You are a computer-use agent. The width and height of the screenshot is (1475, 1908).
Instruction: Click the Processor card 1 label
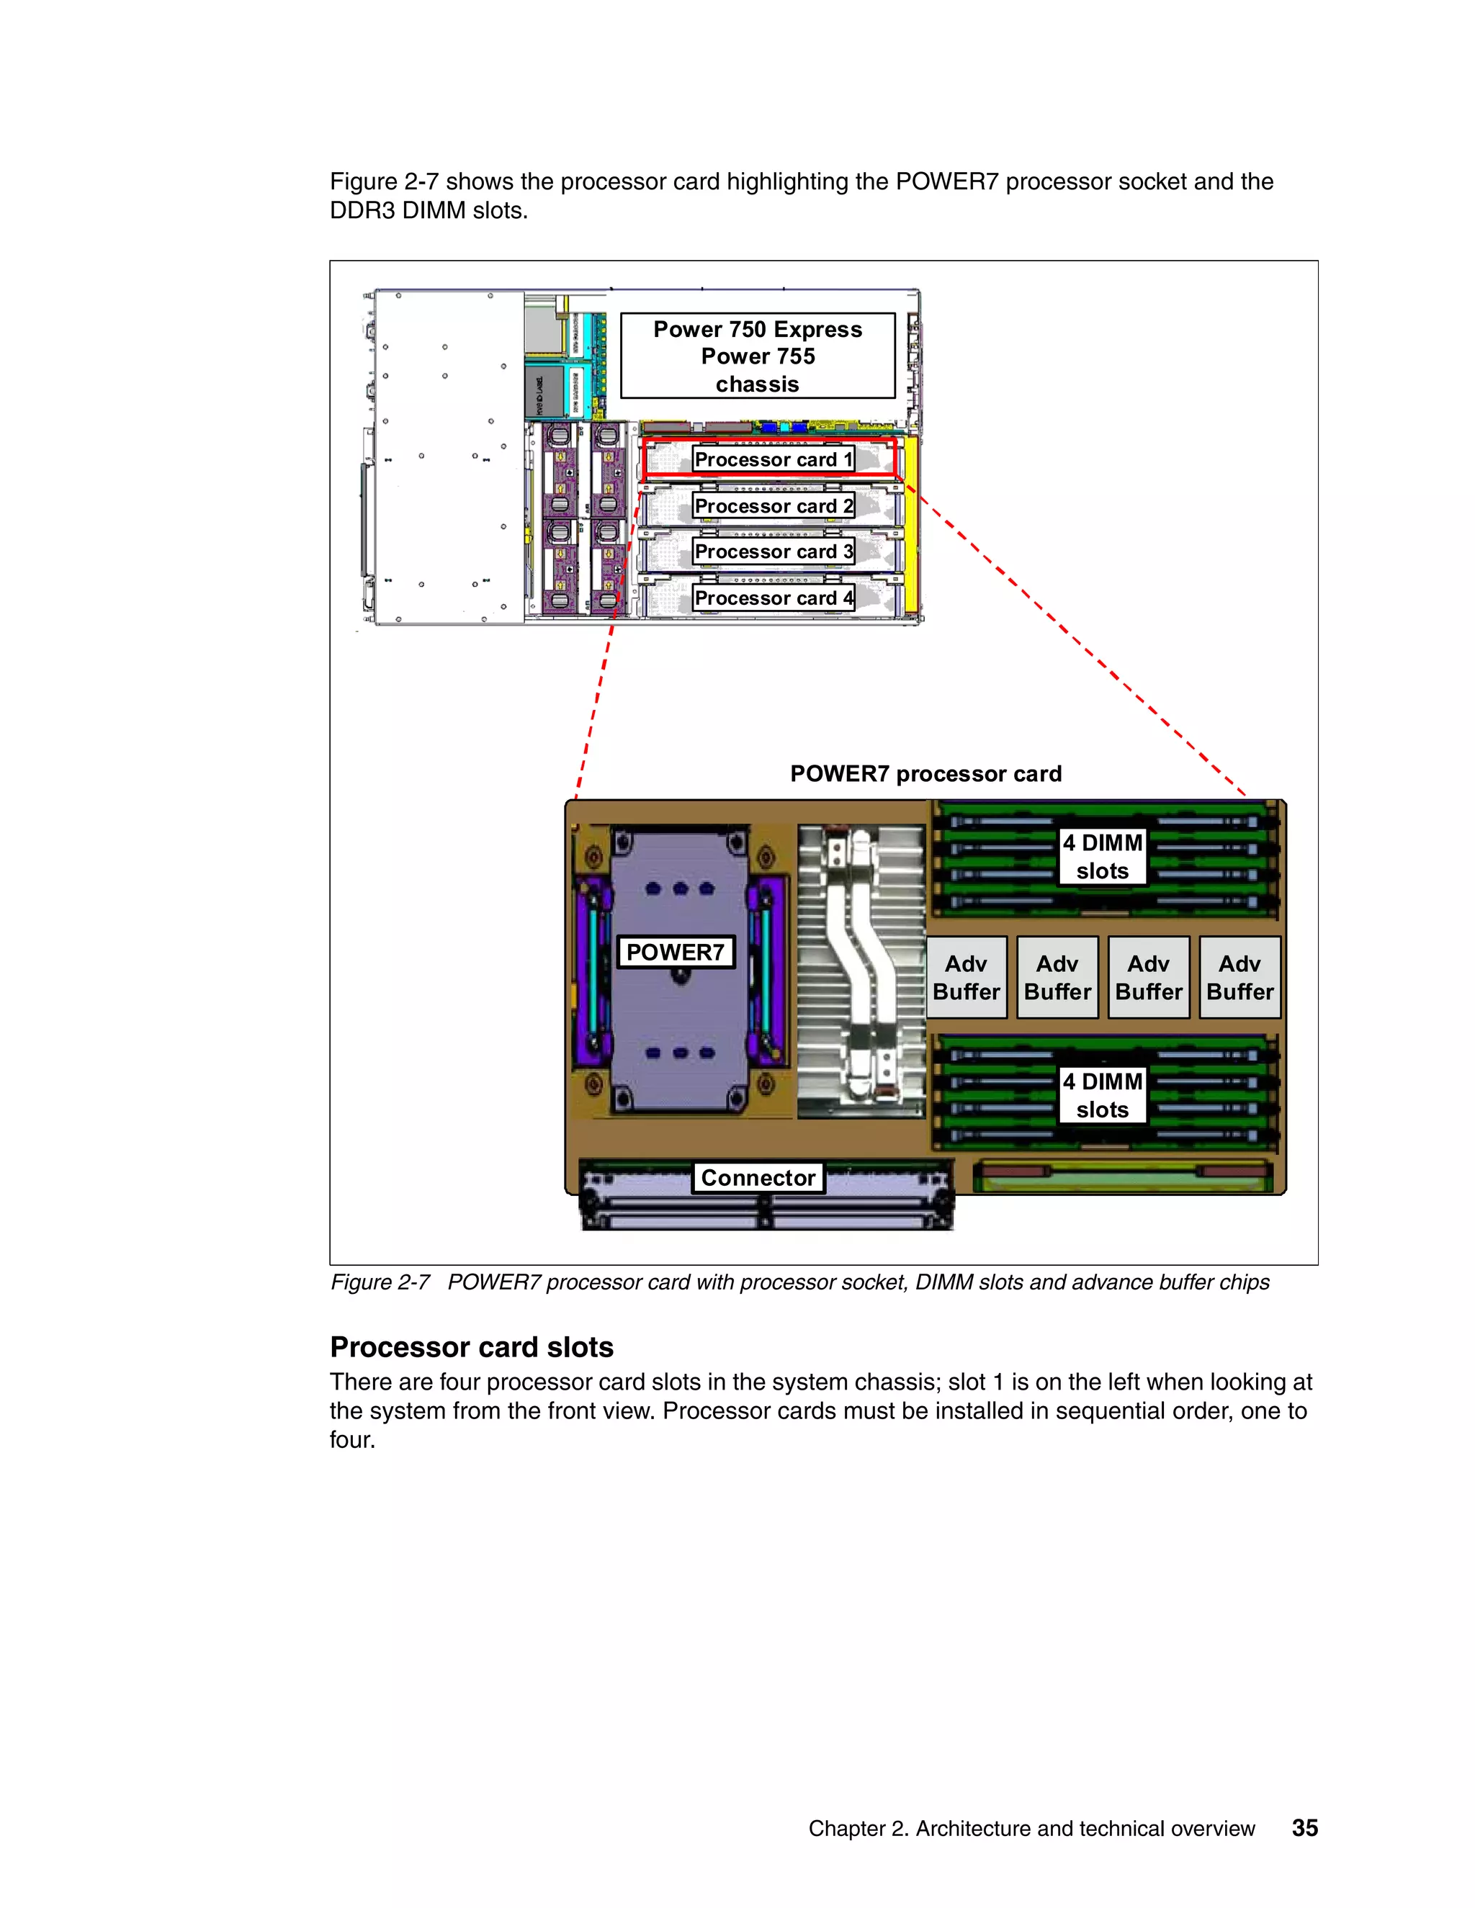point(773,459)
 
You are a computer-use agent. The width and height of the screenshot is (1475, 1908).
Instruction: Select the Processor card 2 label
point(773,506)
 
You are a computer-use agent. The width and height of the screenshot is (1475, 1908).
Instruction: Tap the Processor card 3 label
point(773,552)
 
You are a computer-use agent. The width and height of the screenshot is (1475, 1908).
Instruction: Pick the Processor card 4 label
point(773,598)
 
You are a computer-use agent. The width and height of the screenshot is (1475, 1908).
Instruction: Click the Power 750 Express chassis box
point(758,356)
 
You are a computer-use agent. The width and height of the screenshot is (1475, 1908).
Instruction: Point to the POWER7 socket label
point(676,953)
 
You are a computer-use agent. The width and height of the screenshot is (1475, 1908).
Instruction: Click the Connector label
point(758,1178)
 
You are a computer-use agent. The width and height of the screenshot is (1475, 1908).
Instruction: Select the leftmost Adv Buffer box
point(966,978)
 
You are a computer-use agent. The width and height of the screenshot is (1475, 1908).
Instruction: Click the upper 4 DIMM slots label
point(1102,857)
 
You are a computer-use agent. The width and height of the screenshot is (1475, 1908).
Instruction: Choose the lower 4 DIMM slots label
point(1102,1096)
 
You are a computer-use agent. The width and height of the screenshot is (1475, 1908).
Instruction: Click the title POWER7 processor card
point(925,774)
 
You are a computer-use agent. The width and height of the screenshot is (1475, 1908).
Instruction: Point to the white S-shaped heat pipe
point(861,970)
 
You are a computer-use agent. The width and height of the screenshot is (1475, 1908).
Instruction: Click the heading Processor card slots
point(472,1347)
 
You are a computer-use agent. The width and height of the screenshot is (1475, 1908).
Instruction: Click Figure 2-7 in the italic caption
point(380,1282)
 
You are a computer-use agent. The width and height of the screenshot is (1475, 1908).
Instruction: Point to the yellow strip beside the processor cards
point(910,524)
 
